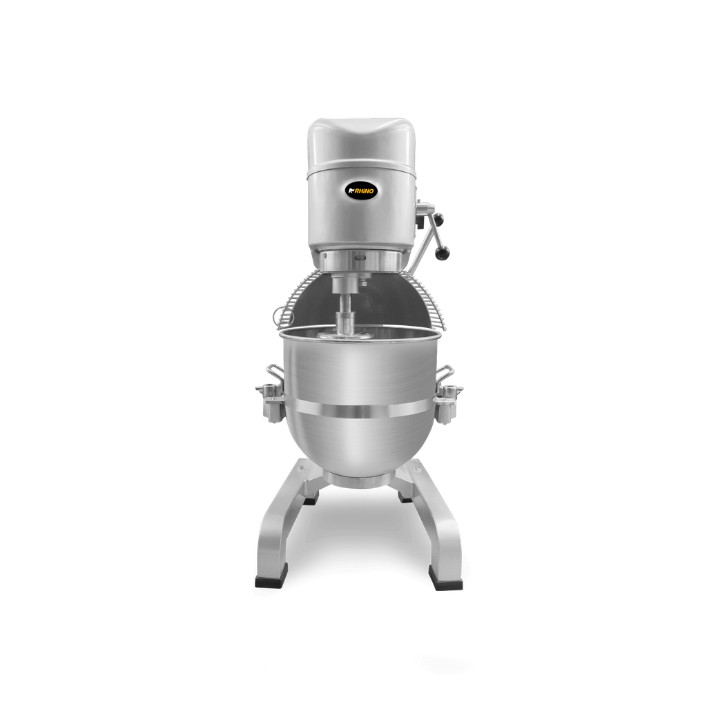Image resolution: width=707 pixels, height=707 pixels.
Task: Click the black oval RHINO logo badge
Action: pos(361,188)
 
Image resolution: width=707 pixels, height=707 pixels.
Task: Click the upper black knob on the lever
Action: pos(438,220)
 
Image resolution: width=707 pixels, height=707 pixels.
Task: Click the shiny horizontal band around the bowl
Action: pos(359,411)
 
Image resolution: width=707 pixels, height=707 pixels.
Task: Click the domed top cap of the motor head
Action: pos(361,138)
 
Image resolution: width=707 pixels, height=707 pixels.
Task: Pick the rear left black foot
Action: pos(310,499)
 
